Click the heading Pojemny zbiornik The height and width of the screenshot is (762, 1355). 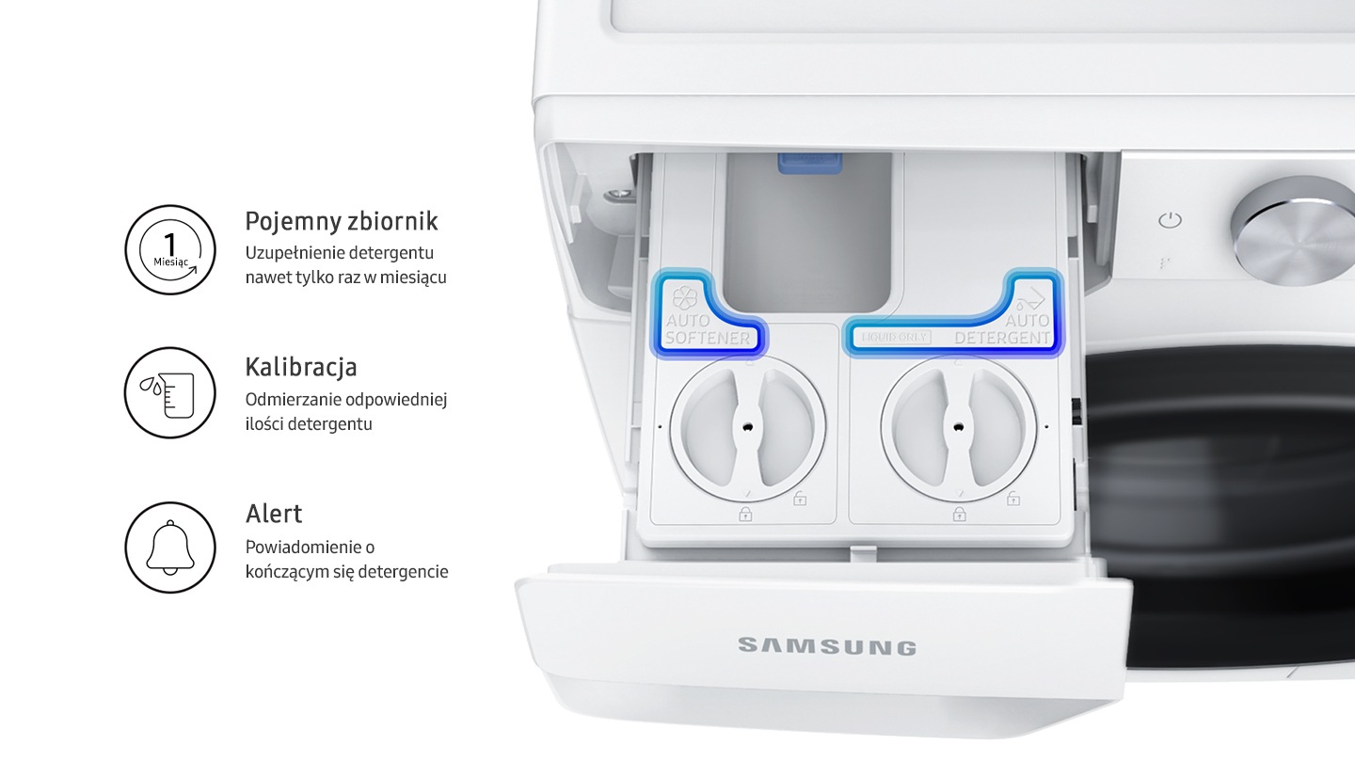(342, 221)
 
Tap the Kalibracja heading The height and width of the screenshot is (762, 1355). (301, 367)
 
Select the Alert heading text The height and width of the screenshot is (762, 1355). (274, 514)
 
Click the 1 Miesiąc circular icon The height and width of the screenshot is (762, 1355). (170, 250)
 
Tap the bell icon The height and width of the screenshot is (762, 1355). (170, 548)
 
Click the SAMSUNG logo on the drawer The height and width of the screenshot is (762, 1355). (827, 646)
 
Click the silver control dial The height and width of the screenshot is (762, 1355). (1295, 231)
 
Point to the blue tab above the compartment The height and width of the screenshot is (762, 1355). (809, 163)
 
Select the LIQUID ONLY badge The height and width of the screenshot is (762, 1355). (895, 337)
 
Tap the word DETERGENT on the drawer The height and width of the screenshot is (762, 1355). (1002, 338)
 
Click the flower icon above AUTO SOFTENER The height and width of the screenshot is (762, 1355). (685, 297)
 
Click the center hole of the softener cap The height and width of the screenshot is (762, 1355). (748, 427)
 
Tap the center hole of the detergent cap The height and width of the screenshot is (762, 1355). (958, 427)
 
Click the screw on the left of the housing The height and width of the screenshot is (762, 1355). (619, 194)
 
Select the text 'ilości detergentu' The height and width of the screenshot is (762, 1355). (309, 424)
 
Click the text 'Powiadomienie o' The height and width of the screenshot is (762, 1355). (310, 548)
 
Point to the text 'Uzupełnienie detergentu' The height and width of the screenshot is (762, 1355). (340, 253)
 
